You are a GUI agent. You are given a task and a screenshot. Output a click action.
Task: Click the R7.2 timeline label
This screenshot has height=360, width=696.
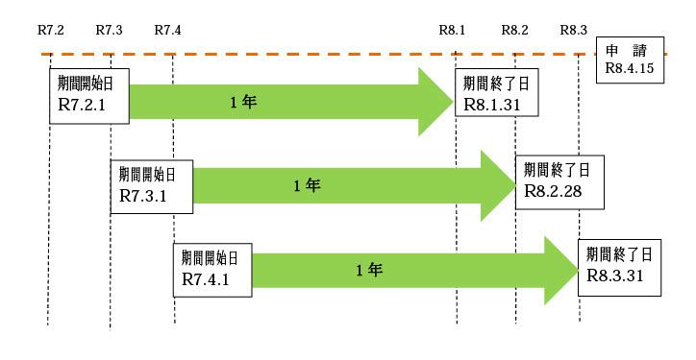coord(50,30)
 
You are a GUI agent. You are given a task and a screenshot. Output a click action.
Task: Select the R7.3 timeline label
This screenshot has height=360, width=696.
coord(109,30)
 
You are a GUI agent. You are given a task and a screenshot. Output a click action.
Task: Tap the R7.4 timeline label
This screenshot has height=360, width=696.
coord(167,30)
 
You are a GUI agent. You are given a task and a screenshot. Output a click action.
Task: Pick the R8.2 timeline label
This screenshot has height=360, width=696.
coord(514,30)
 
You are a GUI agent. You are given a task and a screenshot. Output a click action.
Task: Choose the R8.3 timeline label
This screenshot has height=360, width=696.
coord(573,30)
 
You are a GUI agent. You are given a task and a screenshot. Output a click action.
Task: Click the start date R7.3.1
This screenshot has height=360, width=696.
coord(143,195)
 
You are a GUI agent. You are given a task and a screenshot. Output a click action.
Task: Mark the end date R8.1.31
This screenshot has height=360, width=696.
coord(487,103)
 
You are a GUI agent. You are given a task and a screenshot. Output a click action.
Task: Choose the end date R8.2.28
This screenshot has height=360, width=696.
coord(549,191)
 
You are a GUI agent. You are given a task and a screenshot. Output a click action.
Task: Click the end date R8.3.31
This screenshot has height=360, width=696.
coord(614,275)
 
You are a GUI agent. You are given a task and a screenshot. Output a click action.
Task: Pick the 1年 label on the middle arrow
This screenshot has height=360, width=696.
coord(307,185)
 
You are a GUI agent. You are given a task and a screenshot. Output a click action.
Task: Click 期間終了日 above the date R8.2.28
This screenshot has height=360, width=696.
coord(556,170)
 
